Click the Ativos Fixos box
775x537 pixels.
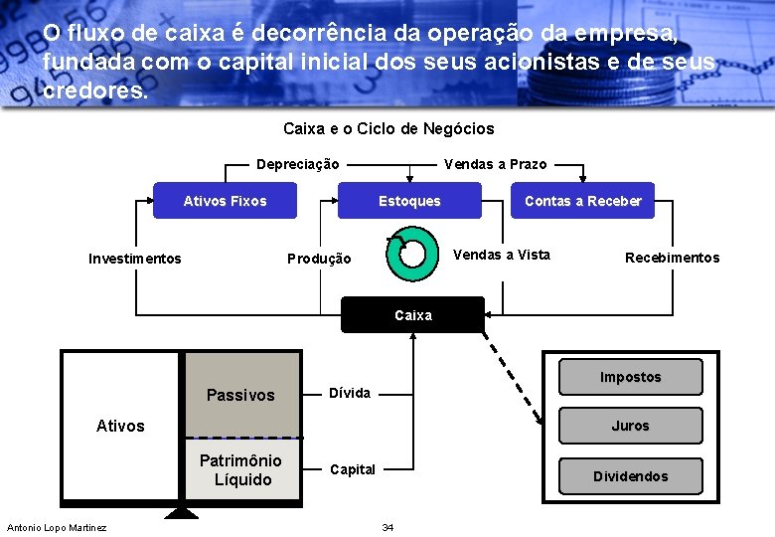tap(225, 201)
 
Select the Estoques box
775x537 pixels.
tap(409, 201)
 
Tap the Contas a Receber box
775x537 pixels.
tap(582, 201)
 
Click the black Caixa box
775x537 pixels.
tap(413, 315)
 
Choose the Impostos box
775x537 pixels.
tap(630, 378)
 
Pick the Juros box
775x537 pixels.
tap(630, 426)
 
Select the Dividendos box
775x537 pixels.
tap(630, 476)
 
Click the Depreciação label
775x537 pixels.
tap(298, 164)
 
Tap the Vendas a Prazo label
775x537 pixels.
tap(495, 164)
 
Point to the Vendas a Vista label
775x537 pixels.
tap(502, 255)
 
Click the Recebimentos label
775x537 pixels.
tap(672, 258)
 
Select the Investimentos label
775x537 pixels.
tap(135, 259)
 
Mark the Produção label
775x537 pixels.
tap(319, 259)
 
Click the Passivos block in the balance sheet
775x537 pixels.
tap(240, 395)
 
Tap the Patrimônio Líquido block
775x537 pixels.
tap(241, 470)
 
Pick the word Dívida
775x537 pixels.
tap(350, 393)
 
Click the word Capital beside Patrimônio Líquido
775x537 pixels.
tap(353, 469)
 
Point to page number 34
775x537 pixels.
tap(387, 527)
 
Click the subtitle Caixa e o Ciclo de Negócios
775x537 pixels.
tap(388, 129)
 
